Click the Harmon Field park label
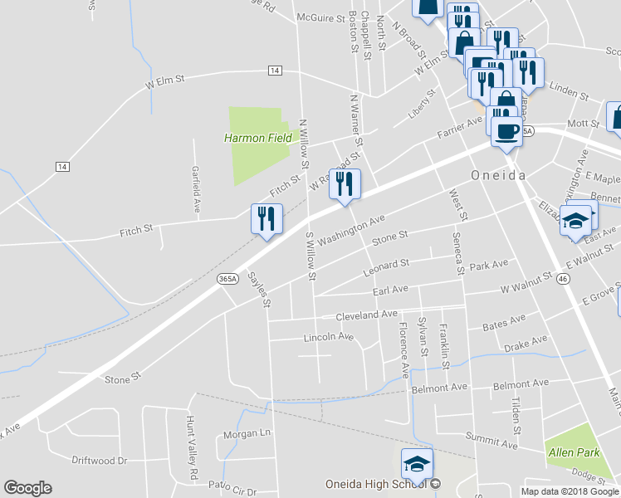pyautogui.click(x=258, y=138)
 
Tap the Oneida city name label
pyautogui.click(x=499, y=175)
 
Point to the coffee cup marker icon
pyautogui.click(x=506, y=131)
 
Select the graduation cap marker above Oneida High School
pyautogui.click(x=418, y=463)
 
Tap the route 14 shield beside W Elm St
pyautogui.click(x=275, y=71)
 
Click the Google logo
pyautogui.click(x=27, y=488)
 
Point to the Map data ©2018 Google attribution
pyautogui.click(x=570, y=491)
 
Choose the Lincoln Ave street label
pyautogui.click(x=329, y=337)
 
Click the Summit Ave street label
pyautogui.click(x=492, y=446)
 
